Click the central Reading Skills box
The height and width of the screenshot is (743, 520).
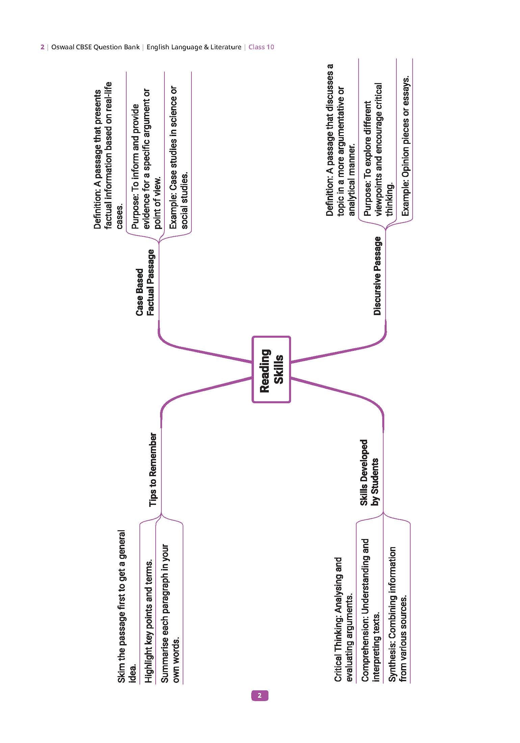pyautogui.click(x=271, y=369)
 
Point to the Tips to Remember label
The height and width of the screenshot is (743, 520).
pyautogui.click(x=153, y=470)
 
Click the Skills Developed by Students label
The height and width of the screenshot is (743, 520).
pyautogui.click(x=369, y=472)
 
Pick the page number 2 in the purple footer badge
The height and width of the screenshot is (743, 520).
pyautogui.click(x=259, y=695)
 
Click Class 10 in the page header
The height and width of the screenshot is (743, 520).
pyautogui.click(x=261, y=47)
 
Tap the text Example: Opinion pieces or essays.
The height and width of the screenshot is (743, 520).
pyautogui.click(x=405, y=146)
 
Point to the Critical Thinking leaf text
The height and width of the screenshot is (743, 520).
pyautogui.click(x=343, y=619)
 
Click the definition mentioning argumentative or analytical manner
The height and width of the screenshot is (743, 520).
pyautogui.click(x=341, y=140)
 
